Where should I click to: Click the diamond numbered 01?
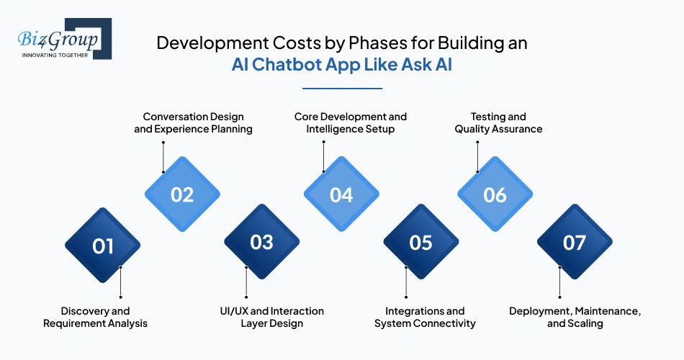pos(102,246)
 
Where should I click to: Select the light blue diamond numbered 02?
pos(182,194)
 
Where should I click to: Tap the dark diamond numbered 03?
pos(261,243)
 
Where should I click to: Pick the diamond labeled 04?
pos(341,194)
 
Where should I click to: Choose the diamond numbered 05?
pos(420,243)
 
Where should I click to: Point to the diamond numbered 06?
pos(495,194)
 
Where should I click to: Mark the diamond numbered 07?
pos(575,243)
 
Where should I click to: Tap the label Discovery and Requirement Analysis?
pos(95,318)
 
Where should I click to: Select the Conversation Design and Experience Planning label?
pos(193,123)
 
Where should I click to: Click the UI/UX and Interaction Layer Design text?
pos(272,318)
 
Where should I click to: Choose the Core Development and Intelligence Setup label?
pos(351,123)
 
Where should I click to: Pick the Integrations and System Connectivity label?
pos(425,318)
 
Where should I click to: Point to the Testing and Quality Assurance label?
pos(498,123)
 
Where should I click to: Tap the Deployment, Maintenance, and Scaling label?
pos(575,318)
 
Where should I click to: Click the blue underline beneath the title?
pos(342,89)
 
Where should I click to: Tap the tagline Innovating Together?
pos(55,55)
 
